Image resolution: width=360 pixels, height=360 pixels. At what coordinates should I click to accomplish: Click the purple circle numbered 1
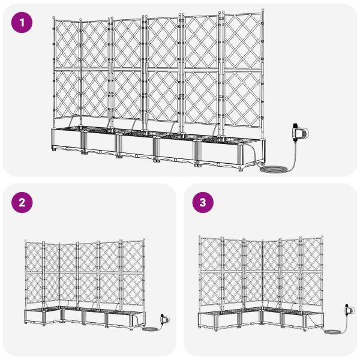click(22, 23)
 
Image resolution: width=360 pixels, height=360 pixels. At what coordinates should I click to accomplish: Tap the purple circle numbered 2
click(22, 202)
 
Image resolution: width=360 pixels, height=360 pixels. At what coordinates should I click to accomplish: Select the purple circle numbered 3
click(203, 202)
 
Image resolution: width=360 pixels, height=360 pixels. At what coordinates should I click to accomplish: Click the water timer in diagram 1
click(299, 133)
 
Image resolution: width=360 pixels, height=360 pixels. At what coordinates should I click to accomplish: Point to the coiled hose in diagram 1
click(274, 169)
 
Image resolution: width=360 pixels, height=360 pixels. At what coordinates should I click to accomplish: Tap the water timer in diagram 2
click(164, 319)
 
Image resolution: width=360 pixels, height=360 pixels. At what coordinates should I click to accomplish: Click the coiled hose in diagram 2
click(150, 329)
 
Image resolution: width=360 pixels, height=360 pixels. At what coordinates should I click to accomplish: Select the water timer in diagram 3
click(349, 310)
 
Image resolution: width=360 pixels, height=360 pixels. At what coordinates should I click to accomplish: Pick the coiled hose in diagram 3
click(332, 332)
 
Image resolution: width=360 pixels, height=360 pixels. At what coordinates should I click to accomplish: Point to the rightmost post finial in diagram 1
click(263, 11)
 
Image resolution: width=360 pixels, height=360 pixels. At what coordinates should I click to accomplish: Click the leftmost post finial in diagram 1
click(54, 18)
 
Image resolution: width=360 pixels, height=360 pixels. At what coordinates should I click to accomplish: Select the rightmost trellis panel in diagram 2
click(133, 273)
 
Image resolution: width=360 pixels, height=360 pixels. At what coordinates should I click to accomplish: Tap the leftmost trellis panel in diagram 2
click(34, 272)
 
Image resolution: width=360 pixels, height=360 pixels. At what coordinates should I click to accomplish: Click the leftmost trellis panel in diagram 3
click(210, 272)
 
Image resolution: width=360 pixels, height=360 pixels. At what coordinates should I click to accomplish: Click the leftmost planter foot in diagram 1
click(54, 149)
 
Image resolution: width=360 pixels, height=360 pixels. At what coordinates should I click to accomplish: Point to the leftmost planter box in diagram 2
click(34, 316)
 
